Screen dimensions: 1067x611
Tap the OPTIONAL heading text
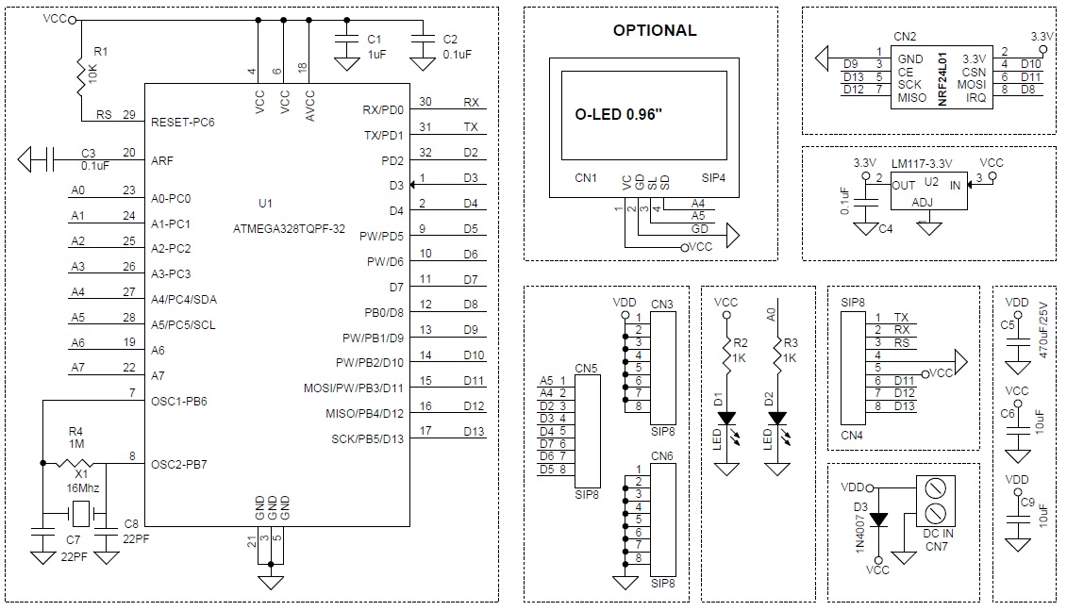tap(655, 30)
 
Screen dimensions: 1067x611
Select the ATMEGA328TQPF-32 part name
tap(290, 228)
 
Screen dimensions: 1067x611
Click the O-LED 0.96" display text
tap(618, 114)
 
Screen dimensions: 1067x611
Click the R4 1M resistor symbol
tap(75, 463)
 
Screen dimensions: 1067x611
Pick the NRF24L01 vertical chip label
tap(942, 79)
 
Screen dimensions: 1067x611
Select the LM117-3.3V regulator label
tap(922, 163)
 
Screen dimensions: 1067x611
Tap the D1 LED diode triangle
tap(726, 418)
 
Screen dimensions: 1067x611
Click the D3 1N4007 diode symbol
tap(878, 520)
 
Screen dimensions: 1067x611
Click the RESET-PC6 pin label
tap(182, 123)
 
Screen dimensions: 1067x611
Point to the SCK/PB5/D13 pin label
tap(368, 438)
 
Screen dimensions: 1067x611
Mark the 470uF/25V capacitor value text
tap(1042, 330)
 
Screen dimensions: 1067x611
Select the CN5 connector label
tap(586, 368)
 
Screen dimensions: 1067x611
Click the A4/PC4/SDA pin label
tap(184, 300)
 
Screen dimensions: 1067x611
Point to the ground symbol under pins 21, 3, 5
tap(271, 583)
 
